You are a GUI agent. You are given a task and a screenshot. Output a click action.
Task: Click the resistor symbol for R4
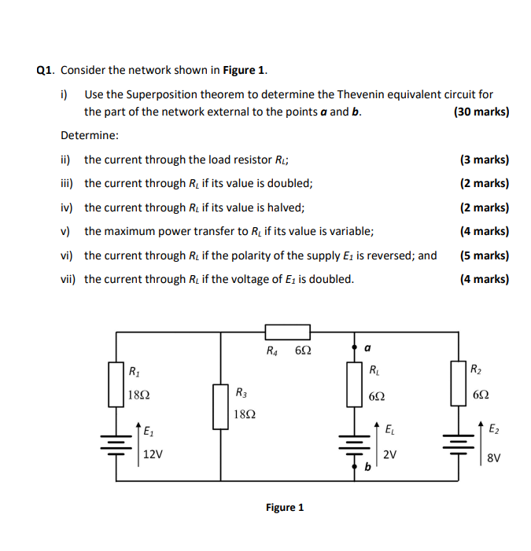[x=288, y=332]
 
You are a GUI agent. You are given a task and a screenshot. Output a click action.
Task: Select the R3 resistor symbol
[x=219, y=406]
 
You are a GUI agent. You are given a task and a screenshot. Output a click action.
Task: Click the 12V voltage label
[x=153, y=454]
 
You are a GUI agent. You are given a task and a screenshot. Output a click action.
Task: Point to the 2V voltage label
[x=390, y=454]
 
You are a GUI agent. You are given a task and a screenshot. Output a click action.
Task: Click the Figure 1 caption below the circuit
[x=284, y=507]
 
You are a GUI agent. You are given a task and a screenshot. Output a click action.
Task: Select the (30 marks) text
[x=481, y=112]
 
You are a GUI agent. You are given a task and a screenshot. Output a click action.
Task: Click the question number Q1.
[x=46, y=70]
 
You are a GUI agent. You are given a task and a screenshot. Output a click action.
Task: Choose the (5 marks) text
[x=484, y=255]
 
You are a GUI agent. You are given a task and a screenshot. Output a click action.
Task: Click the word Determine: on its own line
[x=90, y=135]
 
